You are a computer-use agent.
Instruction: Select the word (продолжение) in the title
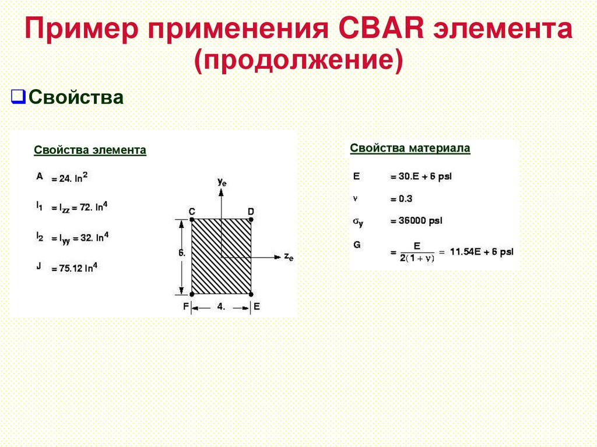pos(299,61)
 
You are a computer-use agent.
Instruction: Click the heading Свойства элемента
pos(90,150)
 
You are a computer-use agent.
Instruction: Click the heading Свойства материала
pos(410,148)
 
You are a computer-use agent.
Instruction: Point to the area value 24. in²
pos(69,178)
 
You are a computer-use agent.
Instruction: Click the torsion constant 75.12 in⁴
pos(74,269)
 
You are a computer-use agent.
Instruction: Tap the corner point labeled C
pos(192,220)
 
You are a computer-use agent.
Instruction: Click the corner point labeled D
pos(251,220)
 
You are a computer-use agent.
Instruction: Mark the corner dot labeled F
pos(192,294)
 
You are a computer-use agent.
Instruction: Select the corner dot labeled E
pos(251,294)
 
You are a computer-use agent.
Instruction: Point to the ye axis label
pos(222,182)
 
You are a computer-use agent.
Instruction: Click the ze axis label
pos(288,257)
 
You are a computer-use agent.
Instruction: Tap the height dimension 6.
pos(182,254)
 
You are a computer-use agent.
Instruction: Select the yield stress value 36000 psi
pos(416,221)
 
